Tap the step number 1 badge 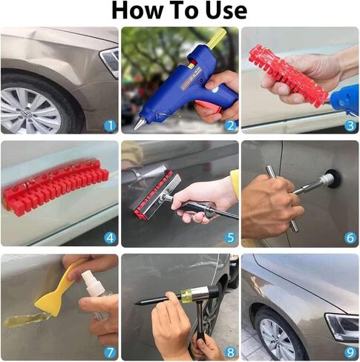[109, 125]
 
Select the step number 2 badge [230, 125]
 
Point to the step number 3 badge [350, 125]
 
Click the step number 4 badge [109, 238]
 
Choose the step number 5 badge [230, 238]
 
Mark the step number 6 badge [350, 238]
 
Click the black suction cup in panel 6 [333, 178]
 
